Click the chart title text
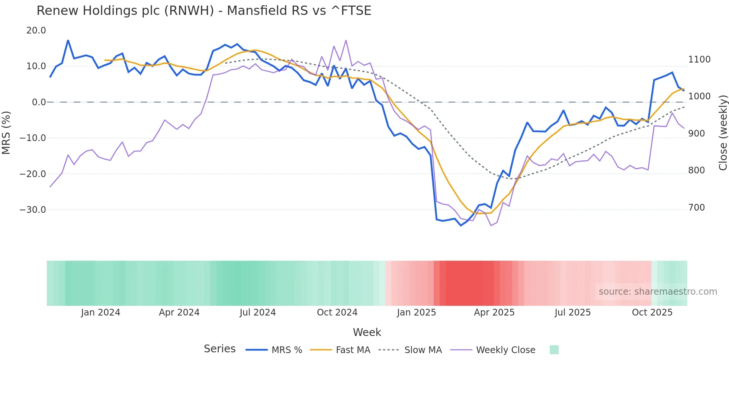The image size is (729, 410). (204, 11)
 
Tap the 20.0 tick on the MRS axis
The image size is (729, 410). (36, 31)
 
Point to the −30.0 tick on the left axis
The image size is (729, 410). (33, 210)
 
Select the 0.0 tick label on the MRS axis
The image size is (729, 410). (39, 102)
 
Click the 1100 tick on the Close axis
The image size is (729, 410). (699, 60)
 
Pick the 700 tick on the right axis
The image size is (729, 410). (697, 208)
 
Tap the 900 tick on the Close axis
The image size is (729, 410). (697, 134)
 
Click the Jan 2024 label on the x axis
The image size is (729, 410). (100, 313)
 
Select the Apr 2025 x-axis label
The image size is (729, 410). (494, 313)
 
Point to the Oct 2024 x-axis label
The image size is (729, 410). (337, 313)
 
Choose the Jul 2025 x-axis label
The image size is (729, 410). (572, 313)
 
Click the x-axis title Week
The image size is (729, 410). (367, 332)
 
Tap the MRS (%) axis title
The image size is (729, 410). (6, 132)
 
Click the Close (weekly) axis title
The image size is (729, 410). (723, 132)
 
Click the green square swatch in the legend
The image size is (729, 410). (554, 350)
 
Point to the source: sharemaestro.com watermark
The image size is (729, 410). (658, 292)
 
